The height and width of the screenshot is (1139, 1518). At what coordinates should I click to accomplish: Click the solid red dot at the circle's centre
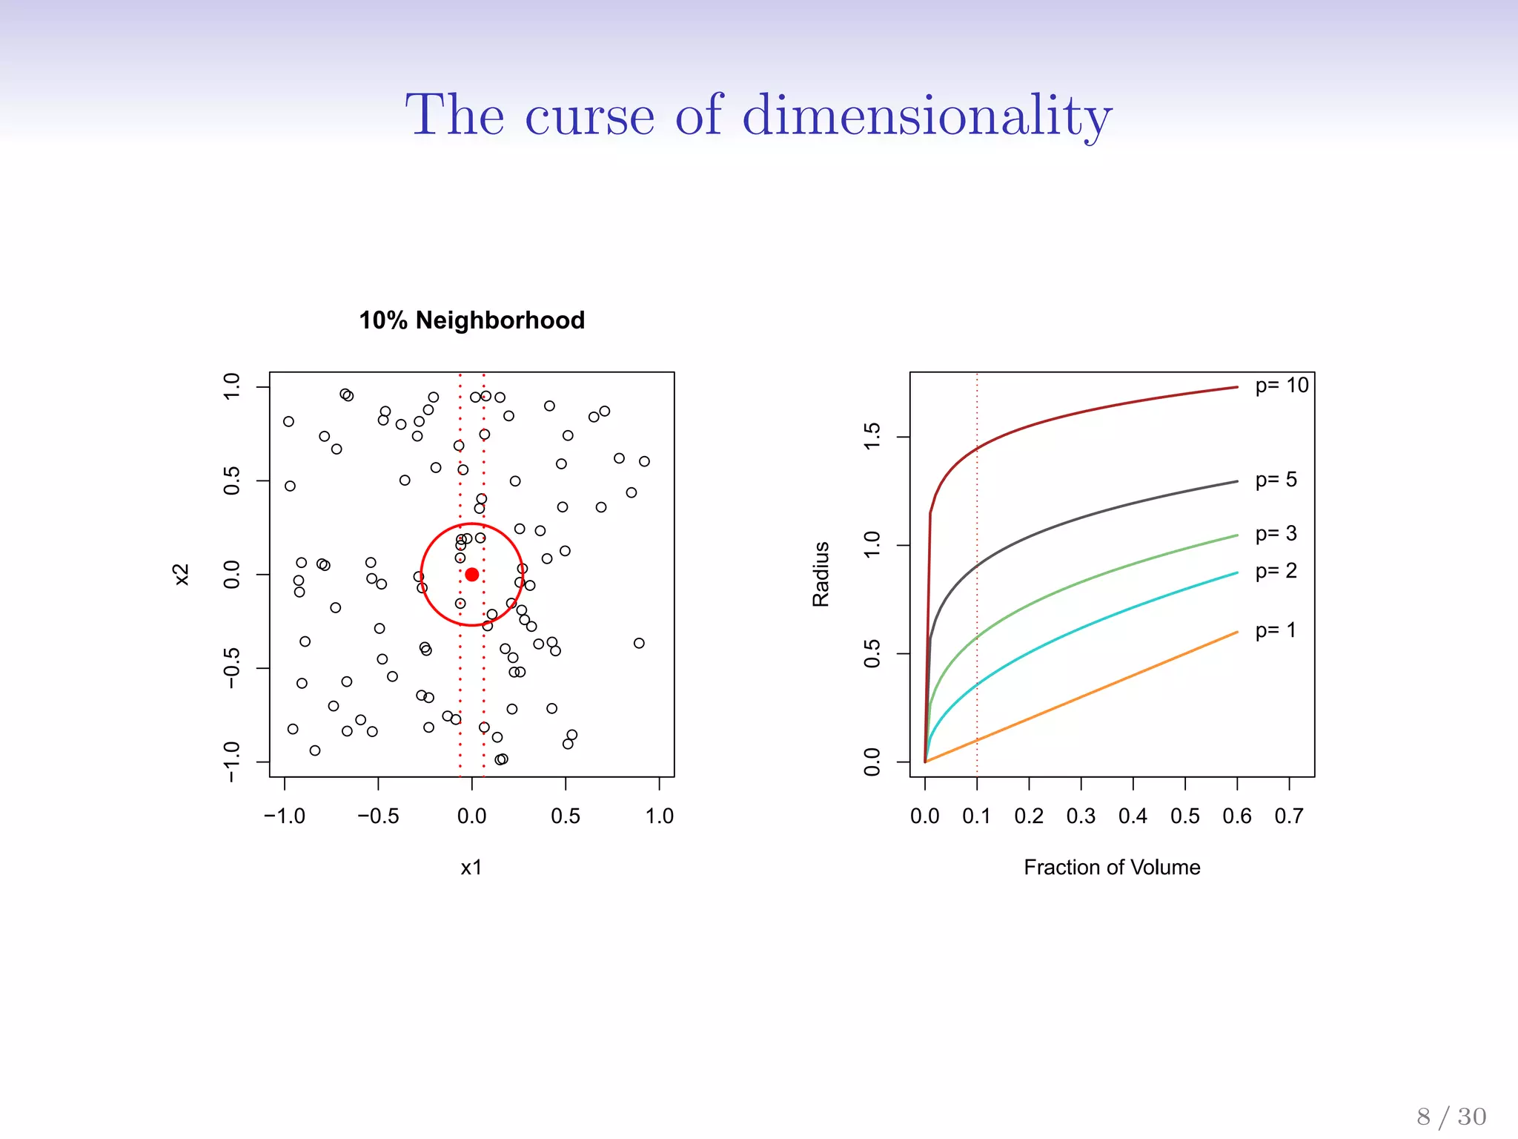[x=472, y=575]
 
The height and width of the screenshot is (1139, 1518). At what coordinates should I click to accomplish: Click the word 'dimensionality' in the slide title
[x=927, y=116]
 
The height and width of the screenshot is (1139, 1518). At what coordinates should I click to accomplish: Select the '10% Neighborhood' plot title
[x=472, y=320]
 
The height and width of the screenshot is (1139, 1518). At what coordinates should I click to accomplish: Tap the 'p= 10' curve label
[x=1282, y=386]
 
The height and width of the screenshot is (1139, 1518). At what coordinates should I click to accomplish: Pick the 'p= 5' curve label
[x=1276, y=480]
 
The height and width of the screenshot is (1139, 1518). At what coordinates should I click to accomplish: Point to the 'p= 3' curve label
[x=1276, y=534]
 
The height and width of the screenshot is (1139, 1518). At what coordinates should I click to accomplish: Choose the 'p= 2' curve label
[x=1276, y=571]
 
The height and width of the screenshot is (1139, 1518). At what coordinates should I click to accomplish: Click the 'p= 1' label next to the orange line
[x=1276, y=630]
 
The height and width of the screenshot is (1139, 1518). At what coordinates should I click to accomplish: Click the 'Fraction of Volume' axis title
[x=1112, y=867]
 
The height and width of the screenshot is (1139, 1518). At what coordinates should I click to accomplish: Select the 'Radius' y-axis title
[x=821, y=575]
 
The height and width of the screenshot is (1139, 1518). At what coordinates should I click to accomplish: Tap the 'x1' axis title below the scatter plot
[x=471, y=867]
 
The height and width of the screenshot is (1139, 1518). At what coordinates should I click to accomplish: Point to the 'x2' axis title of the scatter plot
[x=182, y=575]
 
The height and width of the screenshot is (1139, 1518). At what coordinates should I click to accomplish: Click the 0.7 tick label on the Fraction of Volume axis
[x=1289, y=816]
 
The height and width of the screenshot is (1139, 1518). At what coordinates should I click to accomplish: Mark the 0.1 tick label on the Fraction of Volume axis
[x=976, y=816]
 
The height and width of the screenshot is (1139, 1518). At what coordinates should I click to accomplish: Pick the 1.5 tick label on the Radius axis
[x=872, y=437]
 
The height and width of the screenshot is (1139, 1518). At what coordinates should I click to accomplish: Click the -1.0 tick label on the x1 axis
[x=285, y=816]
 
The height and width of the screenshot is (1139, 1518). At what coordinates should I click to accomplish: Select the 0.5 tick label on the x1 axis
[x=566, y=816]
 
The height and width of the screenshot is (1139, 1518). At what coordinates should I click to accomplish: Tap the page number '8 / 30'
[x=1451, y=1117]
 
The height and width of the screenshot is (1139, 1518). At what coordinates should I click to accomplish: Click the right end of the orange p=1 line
[x=1236, y=633]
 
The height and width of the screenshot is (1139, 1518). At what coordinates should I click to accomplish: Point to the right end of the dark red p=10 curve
[x=1236, y=387]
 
